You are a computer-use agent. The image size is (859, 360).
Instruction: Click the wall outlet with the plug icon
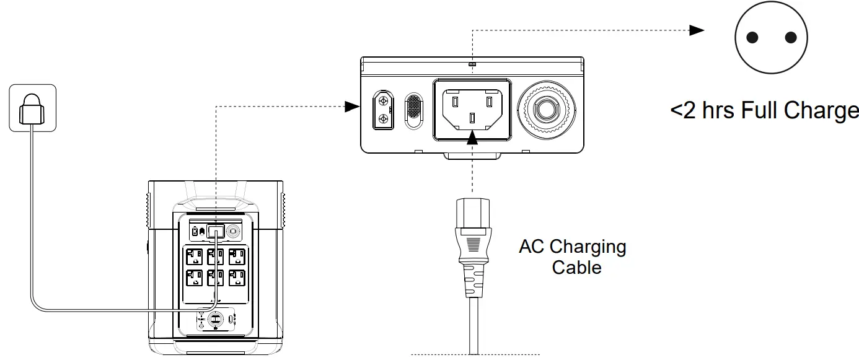[x=32, y=108]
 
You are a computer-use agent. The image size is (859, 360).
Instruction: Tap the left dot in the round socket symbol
[x=752, y=38]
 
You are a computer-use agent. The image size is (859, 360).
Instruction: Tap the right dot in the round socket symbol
[x=790, y=38]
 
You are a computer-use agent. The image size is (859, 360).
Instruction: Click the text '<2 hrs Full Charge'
[x=764, y=111]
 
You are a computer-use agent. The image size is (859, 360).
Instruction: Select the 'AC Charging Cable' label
[x=573, y=257]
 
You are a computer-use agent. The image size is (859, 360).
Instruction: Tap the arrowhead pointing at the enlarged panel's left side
[x=352, y=107]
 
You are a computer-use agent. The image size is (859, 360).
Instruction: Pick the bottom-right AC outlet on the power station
[x=237, y=276]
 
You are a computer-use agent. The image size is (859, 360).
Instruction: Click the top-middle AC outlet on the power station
[x=216, y=257]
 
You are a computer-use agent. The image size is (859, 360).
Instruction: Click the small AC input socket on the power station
[x=216, y=232]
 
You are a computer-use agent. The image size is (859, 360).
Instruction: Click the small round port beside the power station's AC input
[x=234, y=231]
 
